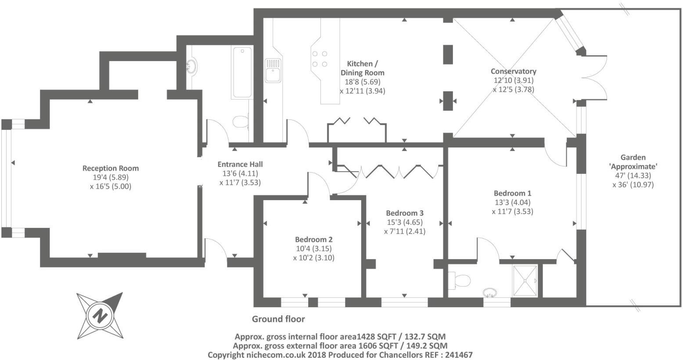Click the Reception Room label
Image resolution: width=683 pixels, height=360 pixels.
click(111, 168)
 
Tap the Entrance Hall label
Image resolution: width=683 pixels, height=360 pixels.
click(240, 164)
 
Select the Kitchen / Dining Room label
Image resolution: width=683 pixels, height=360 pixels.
click(362, 68)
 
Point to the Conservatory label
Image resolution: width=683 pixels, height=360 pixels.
click(513, 71)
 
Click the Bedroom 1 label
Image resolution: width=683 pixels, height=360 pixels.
click(512, 193)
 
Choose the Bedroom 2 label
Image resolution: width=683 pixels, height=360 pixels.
click(313, 240)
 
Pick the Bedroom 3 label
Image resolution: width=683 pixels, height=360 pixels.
click(404, 213)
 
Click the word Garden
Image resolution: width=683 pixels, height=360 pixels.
click(633, 157)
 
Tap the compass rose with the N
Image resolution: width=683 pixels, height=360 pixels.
click(100, 314)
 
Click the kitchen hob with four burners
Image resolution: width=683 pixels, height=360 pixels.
click(320, 59)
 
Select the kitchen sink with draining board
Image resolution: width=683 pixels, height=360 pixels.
click(273, 71)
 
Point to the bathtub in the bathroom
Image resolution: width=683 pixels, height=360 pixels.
click(242, 72)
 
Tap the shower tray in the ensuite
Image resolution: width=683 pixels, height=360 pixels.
click(525, 281)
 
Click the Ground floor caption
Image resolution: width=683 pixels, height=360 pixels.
click(278, 319)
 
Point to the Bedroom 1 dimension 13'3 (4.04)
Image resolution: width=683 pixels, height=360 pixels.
click(512, 202)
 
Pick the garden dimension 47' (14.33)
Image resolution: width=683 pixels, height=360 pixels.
click(633, 175)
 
